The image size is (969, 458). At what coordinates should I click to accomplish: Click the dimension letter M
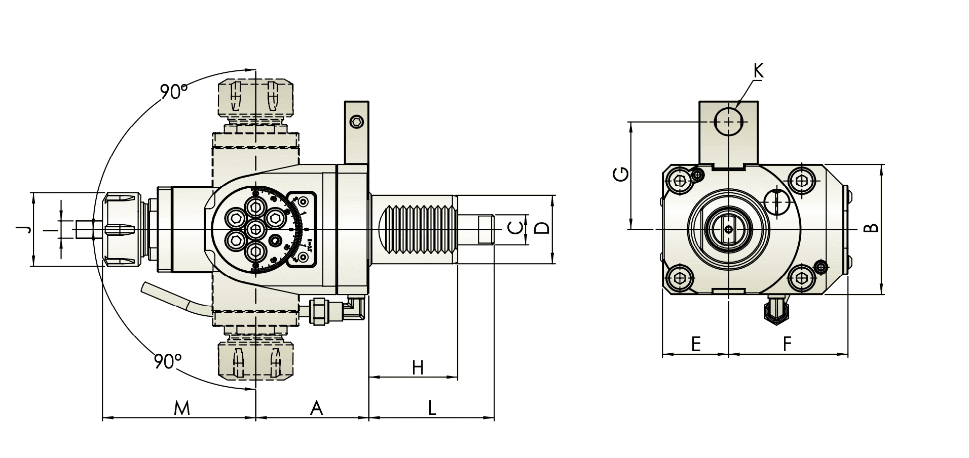pyautogui.click(x=181, y=408)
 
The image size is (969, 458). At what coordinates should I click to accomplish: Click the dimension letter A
pyautogui.click(x=316, y=408)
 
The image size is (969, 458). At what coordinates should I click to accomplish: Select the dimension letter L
pyautogui.click(x=431, y=408)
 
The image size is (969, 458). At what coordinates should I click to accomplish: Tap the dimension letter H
pyautogui.click(x=417, y=368)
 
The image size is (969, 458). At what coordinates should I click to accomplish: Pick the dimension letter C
pyautogui.click(x=514, y=229)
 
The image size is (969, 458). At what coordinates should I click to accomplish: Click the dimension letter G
pyautogui.click(x=621, y=174)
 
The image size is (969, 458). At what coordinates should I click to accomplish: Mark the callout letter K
pyautogui.click(x=758, y=71)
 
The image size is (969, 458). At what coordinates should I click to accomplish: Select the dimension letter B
pyautogui.click(x=871, y=229)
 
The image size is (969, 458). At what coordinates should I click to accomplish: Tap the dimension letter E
pyautogui.click(x=695, y=344)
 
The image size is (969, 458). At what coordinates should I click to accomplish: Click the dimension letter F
pyautogui.click(x=787, y=344)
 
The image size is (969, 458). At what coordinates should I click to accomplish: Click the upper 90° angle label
pyautogui.click(x=174, y=92)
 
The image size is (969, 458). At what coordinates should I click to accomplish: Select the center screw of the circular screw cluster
pyautogui.click(x=255, y=229)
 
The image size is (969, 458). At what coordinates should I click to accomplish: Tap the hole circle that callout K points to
pyautogui.click(x=728, y=121)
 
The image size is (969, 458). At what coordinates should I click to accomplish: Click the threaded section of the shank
pyautogui.click(x=416, y=230)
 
